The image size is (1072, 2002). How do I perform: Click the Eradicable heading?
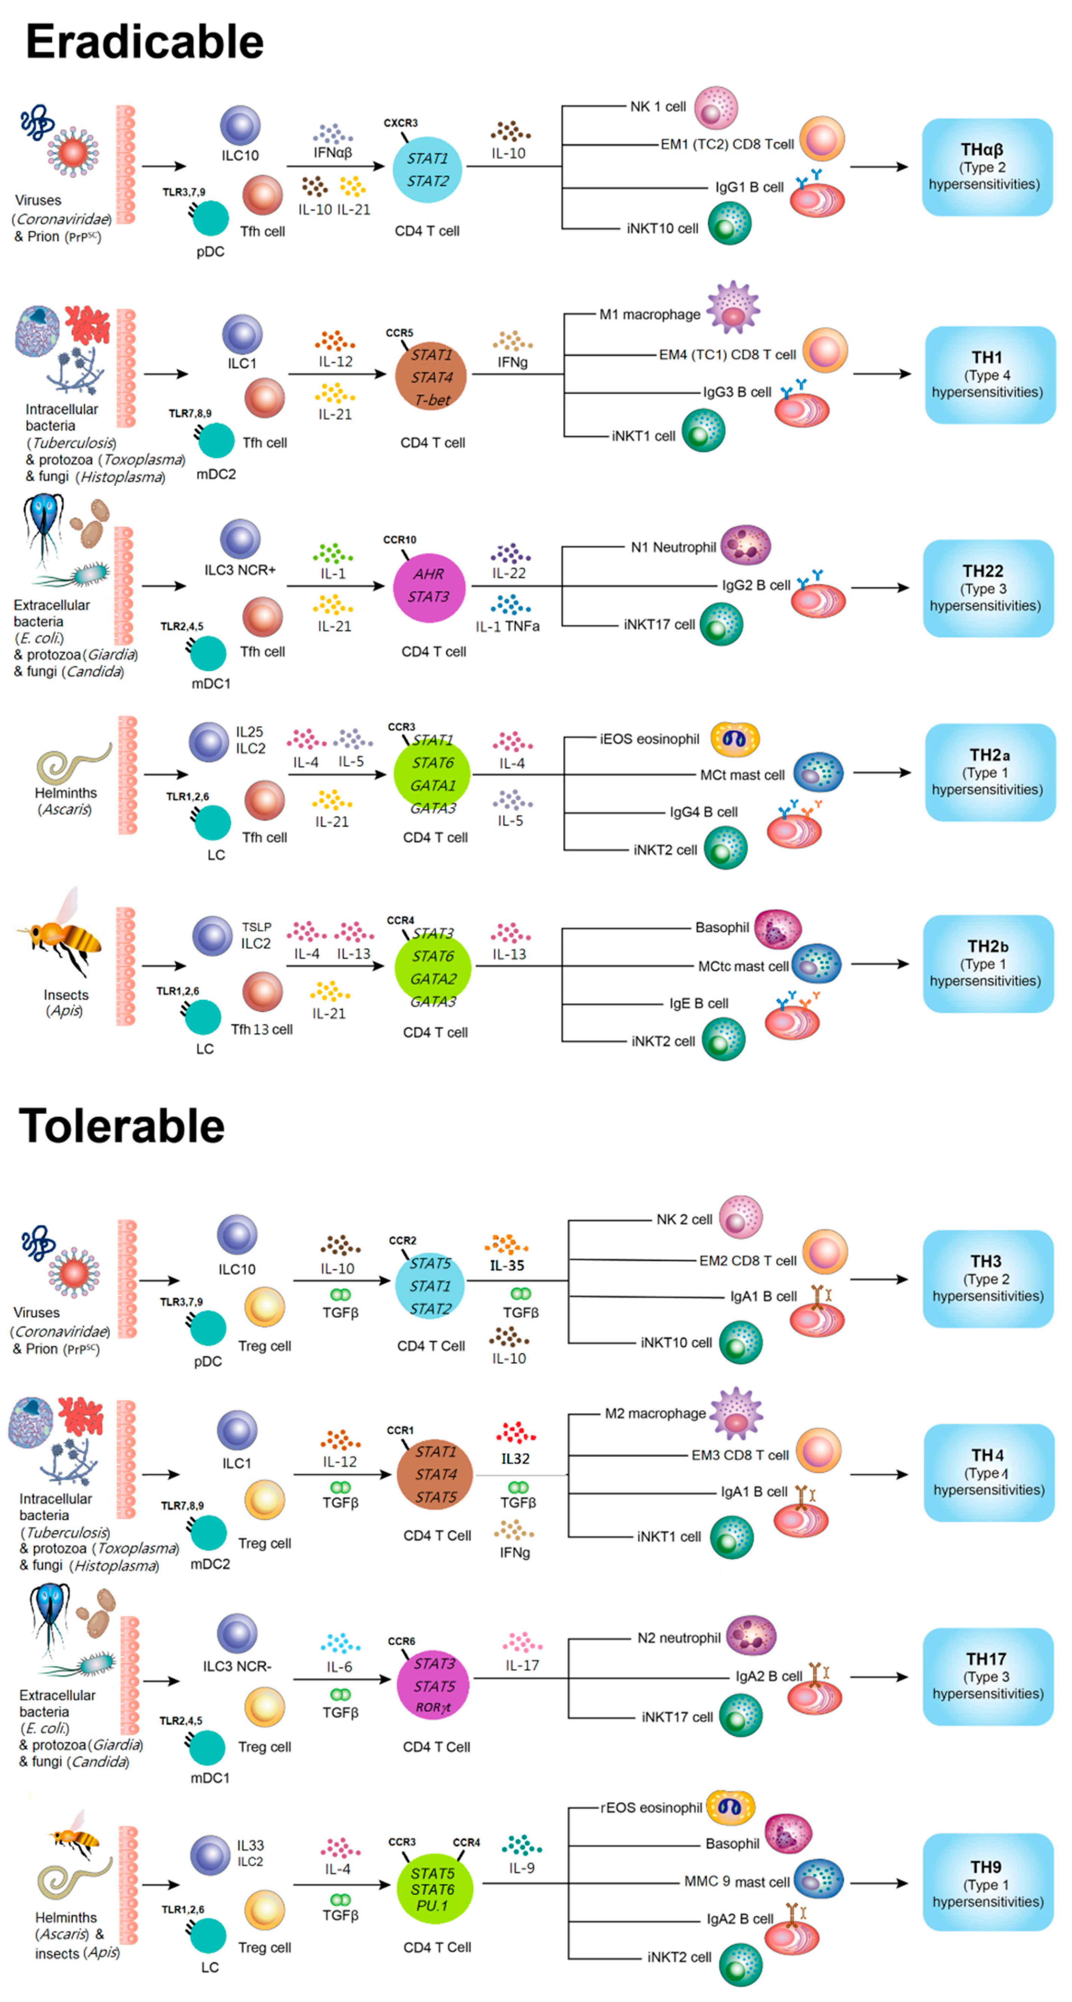click(x=144, y=42)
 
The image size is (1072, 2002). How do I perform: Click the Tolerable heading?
click(x=122, y=1126)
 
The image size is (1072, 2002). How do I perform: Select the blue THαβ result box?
click(x=987, y=167)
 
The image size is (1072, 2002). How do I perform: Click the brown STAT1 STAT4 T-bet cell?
click(x=431, y=377)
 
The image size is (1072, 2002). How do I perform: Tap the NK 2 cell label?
click(x=684, y=1220)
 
